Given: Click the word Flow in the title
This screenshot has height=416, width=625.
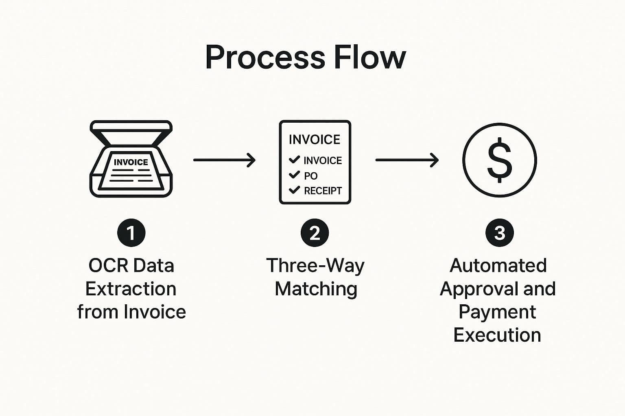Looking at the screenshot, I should point(369,57).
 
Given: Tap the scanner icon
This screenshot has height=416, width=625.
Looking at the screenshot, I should point(131,159).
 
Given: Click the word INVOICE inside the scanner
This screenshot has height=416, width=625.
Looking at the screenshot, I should point(131,162).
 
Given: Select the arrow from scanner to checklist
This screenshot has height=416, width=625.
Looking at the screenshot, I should point(224,160).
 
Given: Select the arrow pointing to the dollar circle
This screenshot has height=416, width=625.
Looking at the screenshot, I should point(406,160).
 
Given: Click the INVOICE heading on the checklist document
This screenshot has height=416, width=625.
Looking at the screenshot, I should point(314,140).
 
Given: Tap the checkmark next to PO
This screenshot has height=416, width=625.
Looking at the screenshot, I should point(294,175).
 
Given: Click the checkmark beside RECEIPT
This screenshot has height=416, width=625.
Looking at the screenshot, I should point(294,190).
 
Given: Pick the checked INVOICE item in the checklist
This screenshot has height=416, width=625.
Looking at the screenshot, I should point(322,160).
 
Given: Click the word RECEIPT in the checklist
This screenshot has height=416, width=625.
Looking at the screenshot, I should point(323,191).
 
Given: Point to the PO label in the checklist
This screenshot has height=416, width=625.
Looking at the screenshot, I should point(311,176).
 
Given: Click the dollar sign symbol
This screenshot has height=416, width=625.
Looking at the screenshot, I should point(499,160).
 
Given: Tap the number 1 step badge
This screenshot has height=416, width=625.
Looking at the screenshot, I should point(131,233).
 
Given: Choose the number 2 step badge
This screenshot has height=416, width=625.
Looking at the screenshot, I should point(315,233).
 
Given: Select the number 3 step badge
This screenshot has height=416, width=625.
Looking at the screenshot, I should point(499,233).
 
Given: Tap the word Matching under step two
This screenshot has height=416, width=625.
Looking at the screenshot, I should point(316,289).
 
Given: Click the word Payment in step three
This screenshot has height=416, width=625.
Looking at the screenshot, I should point(497,312).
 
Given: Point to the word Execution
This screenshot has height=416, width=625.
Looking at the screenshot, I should point(497,335).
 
